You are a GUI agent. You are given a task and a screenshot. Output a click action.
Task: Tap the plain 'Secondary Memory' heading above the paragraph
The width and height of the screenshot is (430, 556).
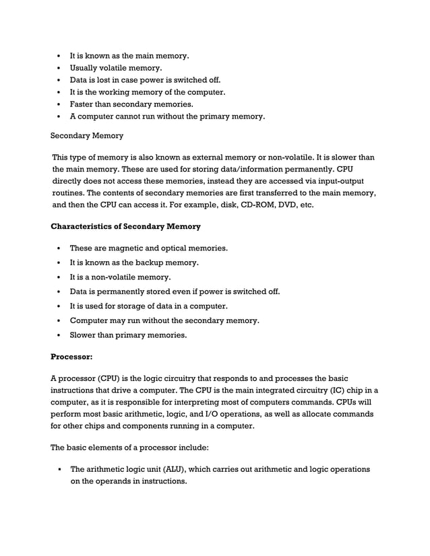coord(87,136)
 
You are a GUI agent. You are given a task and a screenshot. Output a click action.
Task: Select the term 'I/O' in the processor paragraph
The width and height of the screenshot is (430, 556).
coord(206,415)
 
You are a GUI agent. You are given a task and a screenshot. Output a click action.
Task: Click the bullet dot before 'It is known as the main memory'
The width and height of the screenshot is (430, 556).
coord(60,56)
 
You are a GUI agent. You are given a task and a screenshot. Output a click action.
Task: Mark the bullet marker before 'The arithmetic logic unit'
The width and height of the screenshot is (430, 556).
coord(60,470)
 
